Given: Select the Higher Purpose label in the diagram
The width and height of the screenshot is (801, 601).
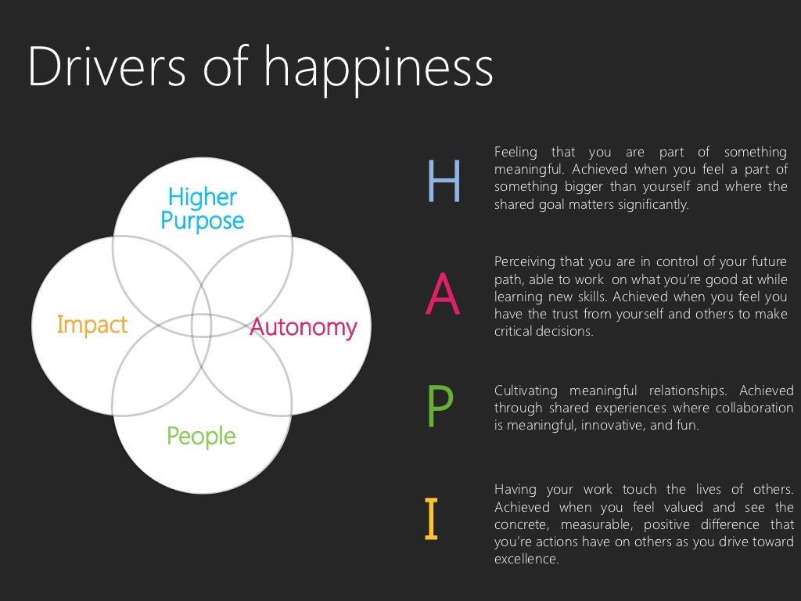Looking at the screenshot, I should coord(202,208).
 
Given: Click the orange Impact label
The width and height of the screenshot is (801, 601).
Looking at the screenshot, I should coord(92,325).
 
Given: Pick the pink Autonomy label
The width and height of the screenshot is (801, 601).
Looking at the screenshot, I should coord(304,327).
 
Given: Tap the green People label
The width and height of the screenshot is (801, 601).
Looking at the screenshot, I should coord(201,436).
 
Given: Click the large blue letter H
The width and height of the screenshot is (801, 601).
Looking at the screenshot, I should coord(444,182).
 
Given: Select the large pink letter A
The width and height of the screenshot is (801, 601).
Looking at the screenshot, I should coord(442,297).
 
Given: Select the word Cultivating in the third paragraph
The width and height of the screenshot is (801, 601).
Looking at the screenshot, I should coord(526,390).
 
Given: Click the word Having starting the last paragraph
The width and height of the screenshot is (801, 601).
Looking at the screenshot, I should coord(515,489).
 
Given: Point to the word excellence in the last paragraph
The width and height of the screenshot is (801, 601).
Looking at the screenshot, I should coord(526,560).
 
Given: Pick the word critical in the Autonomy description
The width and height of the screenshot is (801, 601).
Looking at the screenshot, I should coord(512,332).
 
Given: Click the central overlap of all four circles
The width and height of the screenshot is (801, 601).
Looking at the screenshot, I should coord(201,326).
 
